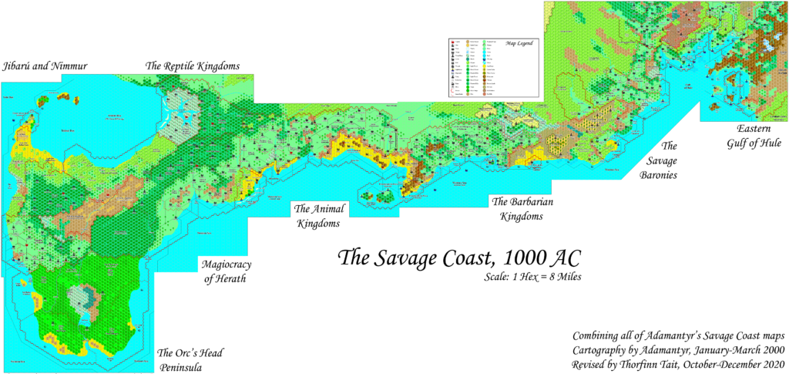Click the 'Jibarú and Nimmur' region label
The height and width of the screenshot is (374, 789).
point(45,66)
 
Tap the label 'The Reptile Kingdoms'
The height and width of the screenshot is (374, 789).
point(198,66)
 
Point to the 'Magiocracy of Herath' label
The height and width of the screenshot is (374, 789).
point(226,271)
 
